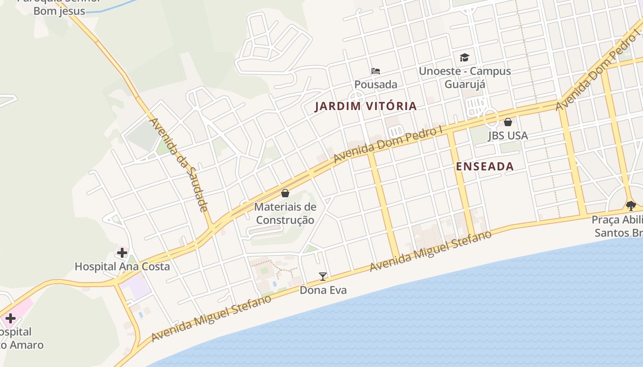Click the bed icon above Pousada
click(x=376, y=71)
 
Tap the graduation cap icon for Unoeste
click(x=464, y=58)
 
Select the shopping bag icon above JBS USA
click(x=508, y=122)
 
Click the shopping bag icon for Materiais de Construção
click(x=285, y=193)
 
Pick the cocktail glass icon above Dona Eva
click(x=323, y=276)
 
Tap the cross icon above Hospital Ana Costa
click(x=122, y=252)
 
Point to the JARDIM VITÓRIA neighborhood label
click(x=366, y=106)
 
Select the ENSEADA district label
click(x=485, y=167)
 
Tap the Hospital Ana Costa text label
click(x=122, y=267)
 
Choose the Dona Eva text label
click(x=323, y=290)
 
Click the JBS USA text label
click(x=508, y=136)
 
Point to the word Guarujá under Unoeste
click(x=464, y=84)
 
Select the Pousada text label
click(x=376, y=85)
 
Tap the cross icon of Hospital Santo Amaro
click(x=10, y=318)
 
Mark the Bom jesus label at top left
click(x=59, y=11)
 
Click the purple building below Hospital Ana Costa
click(x=135, y=287)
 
